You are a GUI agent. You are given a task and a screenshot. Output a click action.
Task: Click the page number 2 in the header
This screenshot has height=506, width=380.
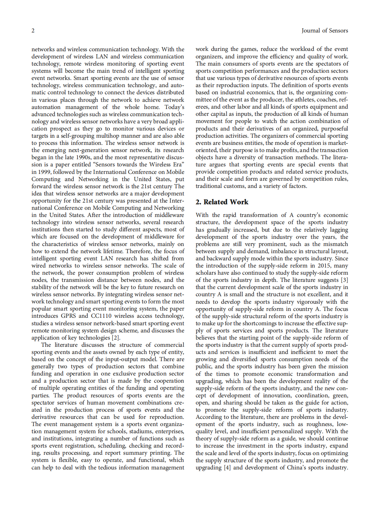33,30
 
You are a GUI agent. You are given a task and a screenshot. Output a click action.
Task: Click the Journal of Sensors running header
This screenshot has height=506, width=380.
325,30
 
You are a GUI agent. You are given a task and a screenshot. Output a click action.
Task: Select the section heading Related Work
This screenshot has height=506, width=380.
222,202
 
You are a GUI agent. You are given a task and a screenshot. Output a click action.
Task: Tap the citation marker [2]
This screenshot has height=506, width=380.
116,338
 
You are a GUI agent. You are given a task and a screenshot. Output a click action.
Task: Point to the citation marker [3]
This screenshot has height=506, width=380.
344,280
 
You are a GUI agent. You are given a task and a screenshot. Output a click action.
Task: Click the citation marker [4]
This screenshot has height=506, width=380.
227,467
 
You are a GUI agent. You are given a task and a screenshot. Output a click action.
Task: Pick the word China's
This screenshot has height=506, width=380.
286,467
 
